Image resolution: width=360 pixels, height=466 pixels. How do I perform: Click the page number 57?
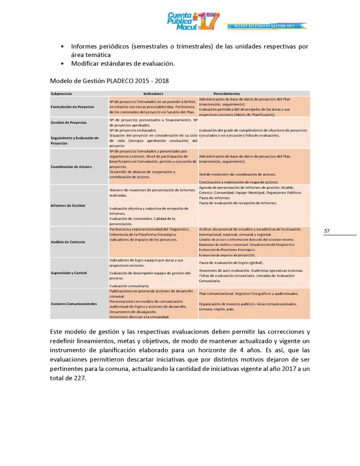[327, 231]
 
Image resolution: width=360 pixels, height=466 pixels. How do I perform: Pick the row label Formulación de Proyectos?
[73, 106]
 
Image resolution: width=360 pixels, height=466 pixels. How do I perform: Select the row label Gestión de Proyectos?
[68, 122]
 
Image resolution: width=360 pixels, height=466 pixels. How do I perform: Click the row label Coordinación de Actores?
[71, 167]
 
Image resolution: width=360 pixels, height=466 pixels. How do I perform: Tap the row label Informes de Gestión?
[68, 205]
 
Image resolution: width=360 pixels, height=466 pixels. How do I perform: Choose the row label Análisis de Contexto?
[68, 242]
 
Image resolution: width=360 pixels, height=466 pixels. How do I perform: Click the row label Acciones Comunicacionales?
[74, 304]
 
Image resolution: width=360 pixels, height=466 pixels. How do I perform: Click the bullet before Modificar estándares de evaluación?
[62, 63]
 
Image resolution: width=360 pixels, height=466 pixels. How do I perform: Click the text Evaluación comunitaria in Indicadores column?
[130, 286]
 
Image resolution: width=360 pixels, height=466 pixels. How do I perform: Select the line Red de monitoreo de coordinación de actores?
[237, 174]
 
